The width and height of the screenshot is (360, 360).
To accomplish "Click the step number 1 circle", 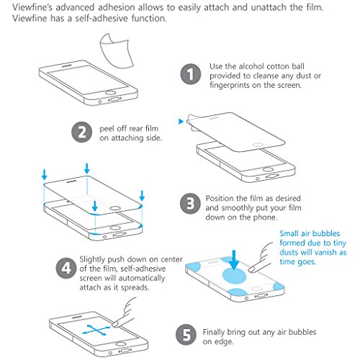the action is click(191, 74).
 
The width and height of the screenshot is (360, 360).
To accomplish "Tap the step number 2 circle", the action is click(82, 132).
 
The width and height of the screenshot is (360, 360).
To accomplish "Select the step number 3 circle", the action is click(190, 204).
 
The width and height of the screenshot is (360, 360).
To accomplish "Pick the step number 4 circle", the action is click(66, 268).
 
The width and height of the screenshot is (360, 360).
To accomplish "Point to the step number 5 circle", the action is click(186, 335).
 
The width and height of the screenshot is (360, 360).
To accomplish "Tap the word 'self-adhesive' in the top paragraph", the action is click(102, 18).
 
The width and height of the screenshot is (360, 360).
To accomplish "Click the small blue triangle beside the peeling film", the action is click(181, 122).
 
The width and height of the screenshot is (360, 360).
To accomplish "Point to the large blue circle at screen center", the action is click(235, 275).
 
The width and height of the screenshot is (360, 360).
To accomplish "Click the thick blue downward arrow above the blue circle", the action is click(234, 259).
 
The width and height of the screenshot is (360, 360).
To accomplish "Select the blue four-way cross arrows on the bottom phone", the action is click(96, 330).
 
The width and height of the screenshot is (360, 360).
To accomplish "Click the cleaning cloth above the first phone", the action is click(117, 51).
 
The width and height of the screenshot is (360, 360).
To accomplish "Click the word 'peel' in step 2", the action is click(107, 129).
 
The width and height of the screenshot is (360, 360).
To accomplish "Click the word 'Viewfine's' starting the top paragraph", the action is click(32, 7).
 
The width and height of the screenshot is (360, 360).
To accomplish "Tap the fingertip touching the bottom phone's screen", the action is click(116, 324).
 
